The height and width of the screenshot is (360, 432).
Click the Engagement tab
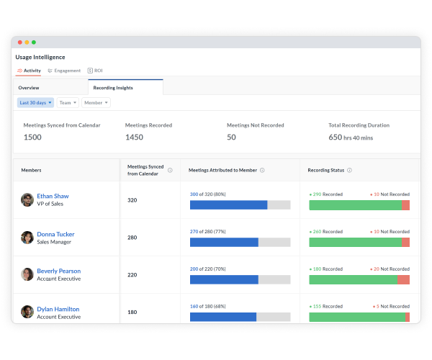(64, 71)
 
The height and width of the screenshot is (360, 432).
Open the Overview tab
(29, 87)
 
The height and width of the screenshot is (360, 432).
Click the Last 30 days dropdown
(35, 103)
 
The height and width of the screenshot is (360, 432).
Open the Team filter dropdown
(68, 103)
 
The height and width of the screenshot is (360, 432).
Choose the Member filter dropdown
(96, 103)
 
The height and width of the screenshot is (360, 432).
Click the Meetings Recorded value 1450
(135, 137)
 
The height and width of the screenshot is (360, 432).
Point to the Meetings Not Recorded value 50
(231, 137)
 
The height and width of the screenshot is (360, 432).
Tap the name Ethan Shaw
(53, 196)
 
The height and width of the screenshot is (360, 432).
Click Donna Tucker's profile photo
(27, 238)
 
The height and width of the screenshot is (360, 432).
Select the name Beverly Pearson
(58, 271)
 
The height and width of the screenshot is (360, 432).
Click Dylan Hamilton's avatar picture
(27, 312)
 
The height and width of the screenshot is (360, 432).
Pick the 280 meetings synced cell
(132, 238)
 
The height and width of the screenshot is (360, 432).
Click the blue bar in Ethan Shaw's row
(228, 205)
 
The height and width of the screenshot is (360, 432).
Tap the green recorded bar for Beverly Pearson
(353, 279)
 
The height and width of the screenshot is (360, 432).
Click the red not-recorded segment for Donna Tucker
(405, 243)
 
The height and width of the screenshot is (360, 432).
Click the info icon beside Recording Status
(349, 171)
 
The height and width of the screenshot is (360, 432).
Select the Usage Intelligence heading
(40, 57)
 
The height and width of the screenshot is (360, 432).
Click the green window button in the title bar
(34, 42)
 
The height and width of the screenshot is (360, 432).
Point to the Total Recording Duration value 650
(336, 137)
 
